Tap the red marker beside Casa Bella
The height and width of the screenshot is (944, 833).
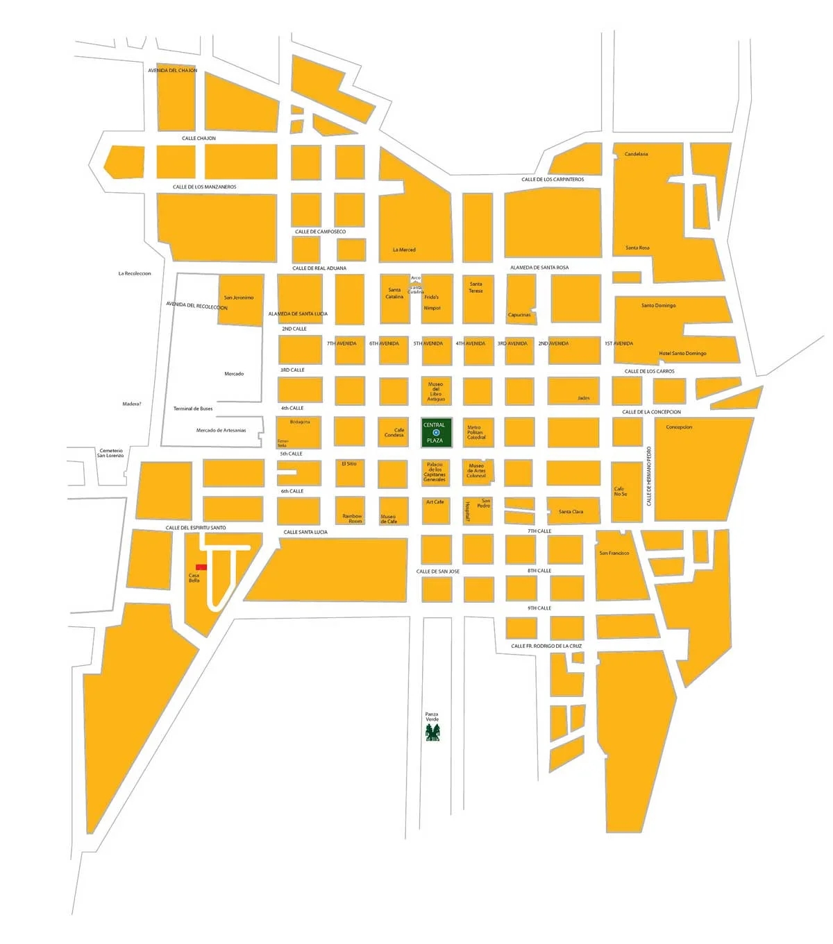[201, 567]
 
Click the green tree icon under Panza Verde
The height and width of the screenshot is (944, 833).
[433, 733]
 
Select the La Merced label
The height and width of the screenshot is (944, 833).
[404, 250]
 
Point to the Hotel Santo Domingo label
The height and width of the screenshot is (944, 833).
[682, 353]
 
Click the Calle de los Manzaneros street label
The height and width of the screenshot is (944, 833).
[205, 187]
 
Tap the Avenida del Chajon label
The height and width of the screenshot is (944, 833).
[173, 70]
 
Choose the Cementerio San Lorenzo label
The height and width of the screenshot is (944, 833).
[110, 453]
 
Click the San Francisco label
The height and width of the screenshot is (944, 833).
[614, 553]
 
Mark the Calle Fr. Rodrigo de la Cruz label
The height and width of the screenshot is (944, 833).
[546, 646]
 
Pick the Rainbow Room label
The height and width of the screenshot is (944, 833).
[352, 518]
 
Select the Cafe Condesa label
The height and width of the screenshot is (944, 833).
[394, 432]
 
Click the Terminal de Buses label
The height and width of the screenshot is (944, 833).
[193, 409]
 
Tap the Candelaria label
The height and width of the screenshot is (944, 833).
[636, 154]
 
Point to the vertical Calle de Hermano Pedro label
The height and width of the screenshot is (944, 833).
[650, 475]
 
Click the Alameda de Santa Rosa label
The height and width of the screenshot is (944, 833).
[539, 268]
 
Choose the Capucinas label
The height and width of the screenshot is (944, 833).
[519, 315]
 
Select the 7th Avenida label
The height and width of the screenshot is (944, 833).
[342, 343]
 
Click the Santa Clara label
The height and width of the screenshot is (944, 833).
[571, 511]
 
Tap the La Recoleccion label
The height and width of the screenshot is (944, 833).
[135, 273]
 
